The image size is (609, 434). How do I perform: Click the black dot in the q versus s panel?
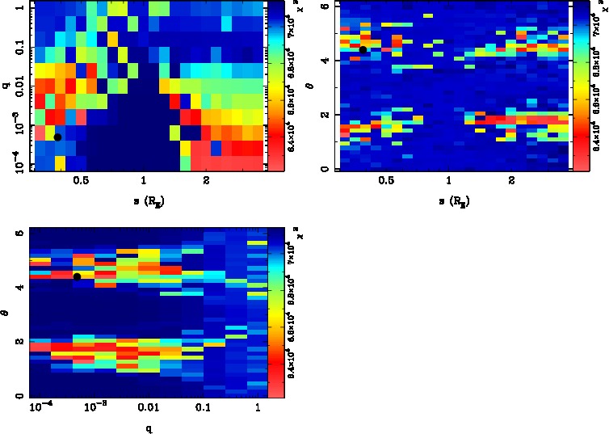pos(57,137)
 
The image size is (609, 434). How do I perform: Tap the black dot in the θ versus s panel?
pos(363,49)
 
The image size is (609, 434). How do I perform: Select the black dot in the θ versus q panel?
pos(77,276)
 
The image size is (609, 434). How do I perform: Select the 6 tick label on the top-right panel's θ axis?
pos(323,6)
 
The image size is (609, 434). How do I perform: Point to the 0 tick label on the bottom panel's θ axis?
pos(20,395)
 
